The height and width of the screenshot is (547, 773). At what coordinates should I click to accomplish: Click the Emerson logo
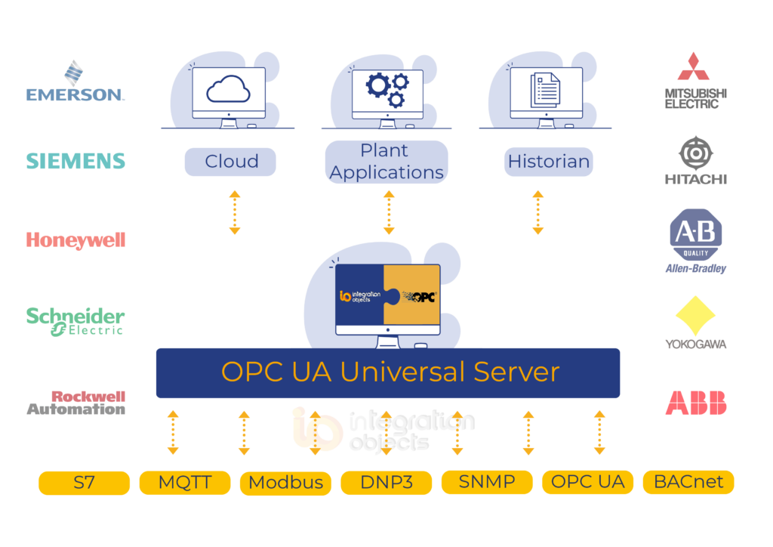[75, 82]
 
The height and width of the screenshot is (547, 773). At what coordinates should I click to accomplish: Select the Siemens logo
[75, 161]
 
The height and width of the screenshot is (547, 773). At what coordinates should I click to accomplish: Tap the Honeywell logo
[75, 240]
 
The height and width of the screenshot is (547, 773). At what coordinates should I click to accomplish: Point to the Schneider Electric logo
[75, 320]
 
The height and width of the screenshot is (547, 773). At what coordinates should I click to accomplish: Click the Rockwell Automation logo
[76, 403]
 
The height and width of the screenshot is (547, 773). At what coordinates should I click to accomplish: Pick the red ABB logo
[695, 403]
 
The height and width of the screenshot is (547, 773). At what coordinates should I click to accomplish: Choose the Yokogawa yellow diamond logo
[695, 317]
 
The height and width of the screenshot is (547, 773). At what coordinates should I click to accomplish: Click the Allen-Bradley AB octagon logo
[695, 235]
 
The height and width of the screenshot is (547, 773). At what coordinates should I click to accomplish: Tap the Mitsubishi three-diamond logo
[695, 66]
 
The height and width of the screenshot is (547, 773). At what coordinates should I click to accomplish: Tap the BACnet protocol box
[688, 482]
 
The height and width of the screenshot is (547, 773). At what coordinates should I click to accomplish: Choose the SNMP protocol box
[487, 482]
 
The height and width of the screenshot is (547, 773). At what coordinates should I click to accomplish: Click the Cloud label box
[231, 162]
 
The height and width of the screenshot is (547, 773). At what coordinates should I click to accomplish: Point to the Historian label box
[549, 162]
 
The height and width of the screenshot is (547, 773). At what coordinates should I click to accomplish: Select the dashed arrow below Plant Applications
[389, 212]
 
